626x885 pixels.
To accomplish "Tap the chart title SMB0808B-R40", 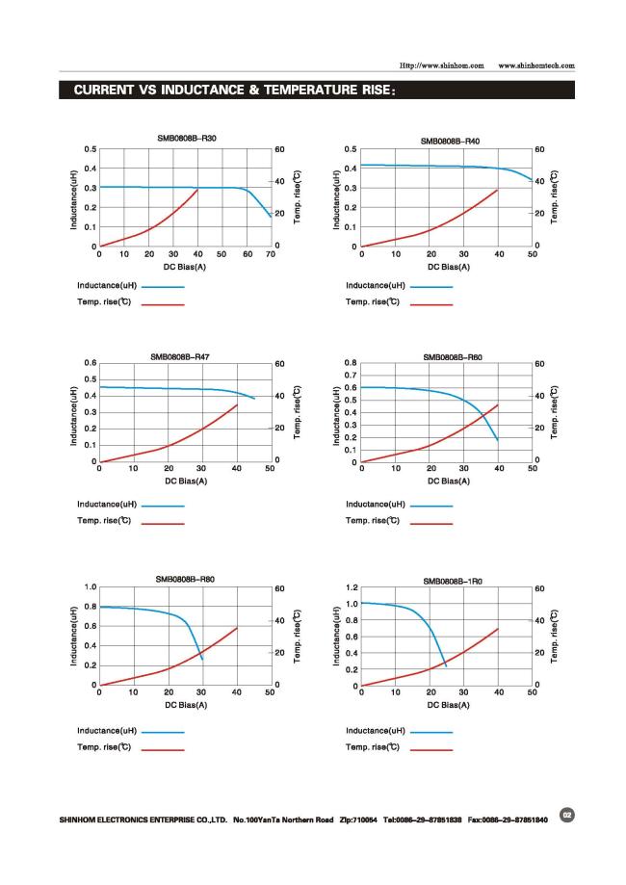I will [x=450, y=142].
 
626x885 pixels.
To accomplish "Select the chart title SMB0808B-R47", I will [x=180, y=356].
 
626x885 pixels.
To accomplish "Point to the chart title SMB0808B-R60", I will [x=453, y=357].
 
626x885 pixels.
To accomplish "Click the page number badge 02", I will [x=567, y=815].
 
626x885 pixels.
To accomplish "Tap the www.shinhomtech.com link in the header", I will [x=536, y=65].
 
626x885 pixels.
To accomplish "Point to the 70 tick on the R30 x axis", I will [x=271, y=255].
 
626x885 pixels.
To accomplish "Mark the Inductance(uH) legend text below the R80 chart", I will [x=108, y=731].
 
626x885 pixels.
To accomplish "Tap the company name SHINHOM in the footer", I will [x=82, y=820].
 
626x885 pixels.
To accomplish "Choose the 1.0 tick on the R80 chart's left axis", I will [x=91, y=586].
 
